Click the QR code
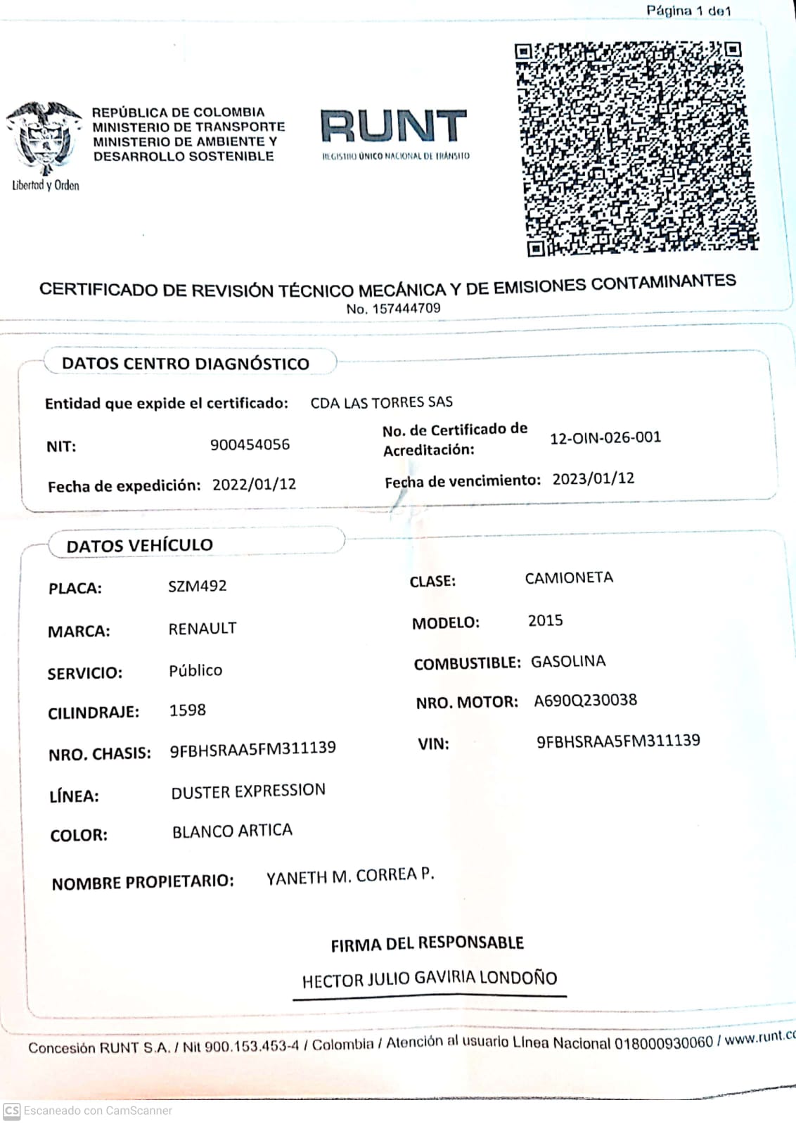636,148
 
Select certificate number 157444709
406,308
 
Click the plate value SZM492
197,586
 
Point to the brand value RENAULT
203,628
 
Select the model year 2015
545,620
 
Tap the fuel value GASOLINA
568,661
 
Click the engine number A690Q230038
585,701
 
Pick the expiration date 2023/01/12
593,479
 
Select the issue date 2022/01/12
254,485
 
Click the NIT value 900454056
250,445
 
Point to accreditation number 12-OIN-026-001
605,438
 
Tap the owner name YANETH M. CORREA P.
350,876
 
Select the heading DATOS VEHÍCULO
139,545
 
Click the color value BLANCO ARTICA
232,831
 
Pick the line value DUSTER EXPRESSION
248,791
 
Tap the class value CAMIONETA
569,578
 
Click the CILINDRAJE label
94,713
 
